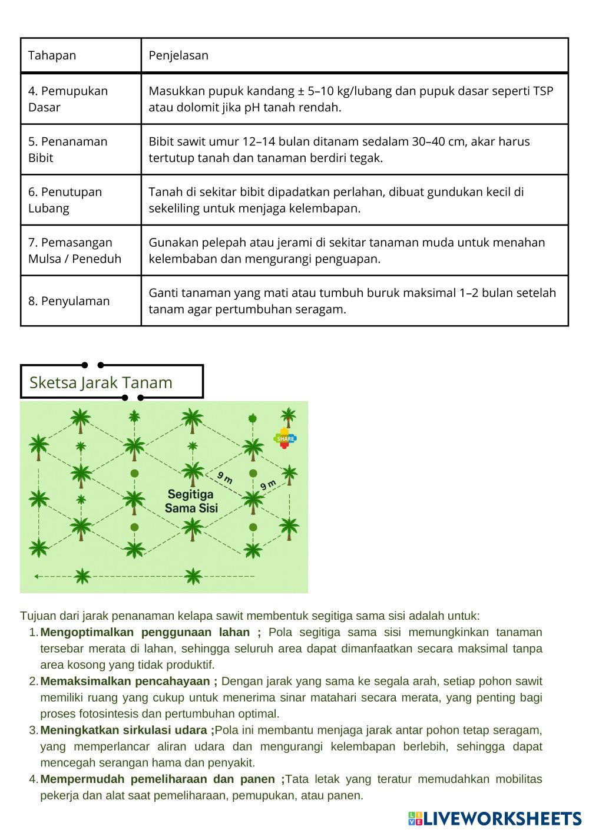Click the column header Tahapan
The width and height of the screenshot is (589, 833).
point(52,55)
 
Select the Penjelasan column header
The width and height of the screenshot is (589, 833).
point(178,55)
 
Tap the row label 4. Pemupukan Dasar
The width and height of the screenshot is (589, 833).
point(68,99)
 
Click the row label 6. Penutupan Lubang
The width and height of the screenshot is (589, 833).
point(65,200)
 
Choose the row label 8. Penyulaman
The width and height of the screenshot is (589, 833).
point(68,301)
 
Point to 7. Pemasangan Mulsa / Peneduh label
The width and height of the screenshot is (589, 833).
point(74,250)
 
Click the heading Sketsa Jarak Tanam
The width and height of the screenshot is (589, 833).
point(101,382)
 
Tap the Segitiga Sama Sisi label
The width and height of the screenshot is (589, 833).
point(191,501)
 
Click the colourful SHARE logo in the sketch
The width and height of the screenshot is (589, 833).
point(285,438)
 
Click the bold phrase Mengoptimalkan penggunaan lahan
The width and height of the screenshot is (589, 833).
point(145,632)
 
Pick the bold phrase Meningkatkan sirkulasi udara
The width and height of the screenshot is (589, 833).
point(125,730)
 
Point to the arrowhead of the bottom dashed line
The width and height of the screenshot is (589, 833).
point(37,576)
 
